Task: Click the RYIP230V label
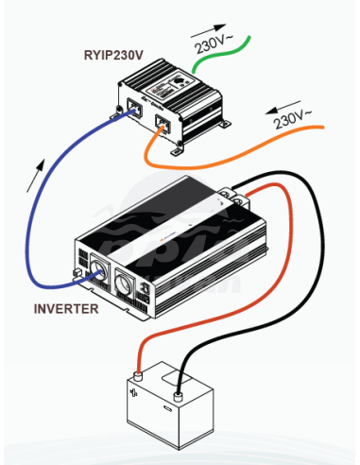[113, 55]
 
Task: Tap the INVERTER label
[66, 309]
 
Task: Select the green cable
[220, 56]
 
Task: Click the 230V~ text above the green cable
[214, 43]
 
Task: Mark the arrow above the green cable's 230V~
[208, 30]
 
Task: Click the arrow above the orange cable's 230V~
[283, 107]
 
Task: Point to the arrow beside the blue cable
[36, 176]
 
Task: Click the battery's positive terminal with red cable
[138, 376]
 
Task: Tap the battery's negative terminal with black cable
[179, 396]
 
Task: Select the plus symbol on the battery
[133, 392]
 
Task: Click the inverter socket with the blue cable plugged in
[99, 271]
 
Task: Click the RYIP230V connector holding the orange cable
[163, 124]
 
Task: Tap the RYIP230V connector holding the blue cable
[135, 107]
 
